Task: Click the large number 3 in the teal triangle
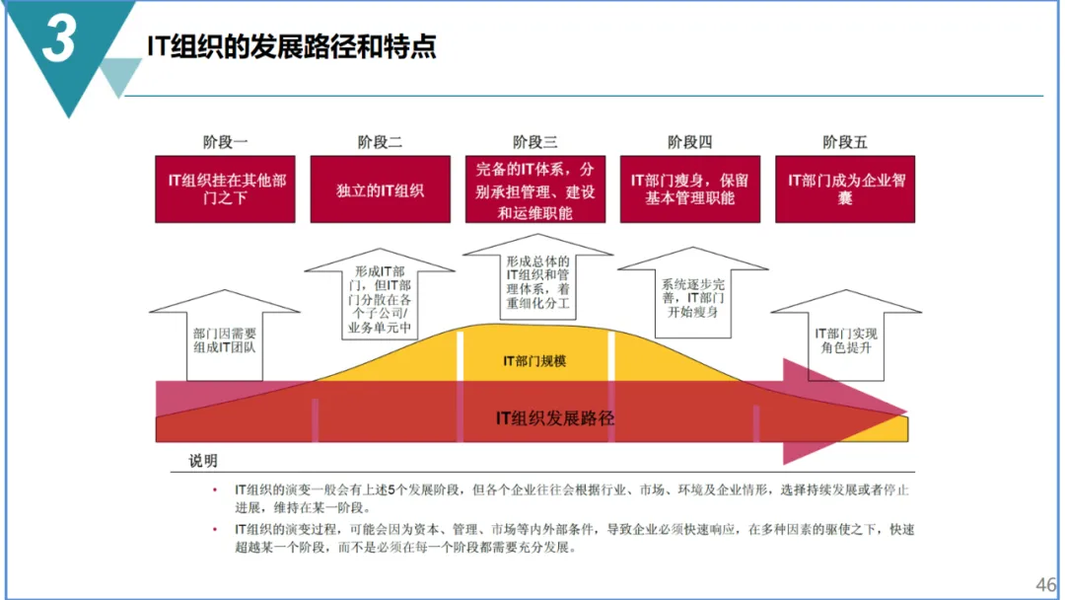click(58, 42)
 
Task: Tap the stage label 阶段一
click(225, 142)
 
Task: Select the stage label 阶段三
click(535, 142)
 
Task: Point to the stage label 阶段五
click(845, 142)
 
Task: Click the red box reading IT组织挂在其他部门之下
click(225, 188)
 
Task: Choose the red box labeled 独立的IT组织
click(381, 188)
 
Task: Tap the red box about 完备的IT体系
click(535, 188)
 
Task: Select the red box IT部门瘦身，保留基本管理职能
click(690, 188)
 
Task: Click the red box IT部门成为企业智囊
click(845, 188)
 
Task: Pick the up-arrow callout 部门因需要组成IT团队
click(225, 340)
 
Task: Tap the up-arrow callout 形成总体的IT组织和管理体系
click(536, 281)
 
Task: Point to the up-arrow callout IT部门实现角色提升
click(845, 340)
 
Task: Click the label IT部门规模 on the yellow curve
click(534, 361)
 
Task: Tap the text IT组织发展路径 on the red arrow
click(554, 417)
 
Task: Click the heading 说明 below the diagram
click(203, 461)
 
